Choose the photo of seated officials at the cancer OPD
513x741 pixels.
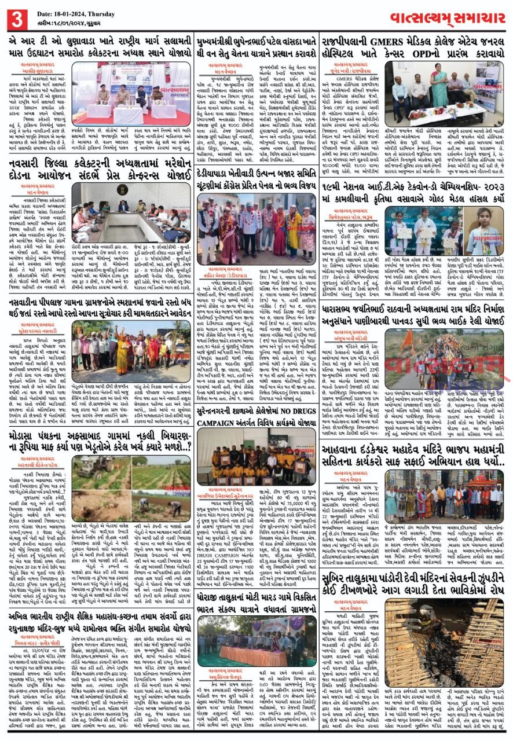(x=444, y=89)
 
